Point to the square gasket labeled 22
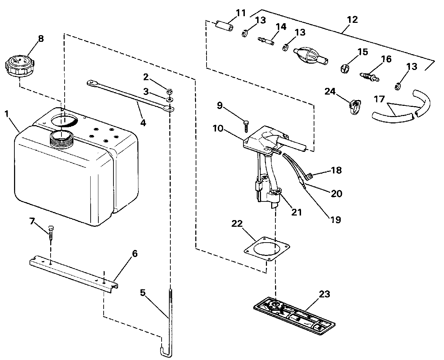tap(267, 249)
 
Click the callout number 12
tap(352, 20)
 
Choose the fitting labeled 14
tap(266, 40)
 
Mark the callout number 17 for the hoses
tap(379, 99)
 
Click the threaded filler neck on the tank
tap(62, 137)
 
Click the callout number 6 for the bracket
tap(135, 253)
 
